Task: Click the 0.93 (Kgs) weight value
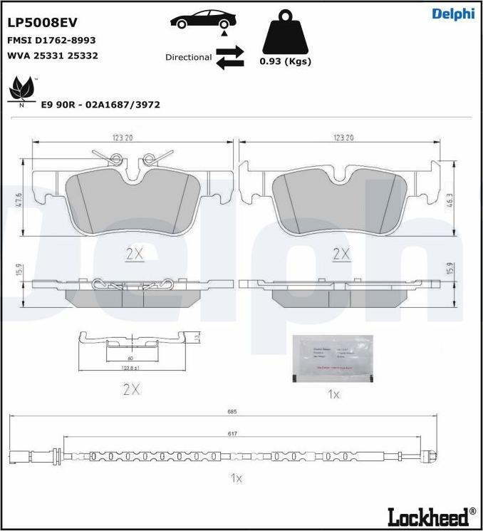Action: pyautogui.click(x=285, y=61)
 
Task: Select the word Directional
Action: pyautogui.click(x=188, y=57)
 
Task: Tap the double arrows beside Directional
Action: pyautogui.click(x=230, y=58)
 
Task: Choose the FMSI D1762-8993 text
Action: pyautogui.click(x=51, y=41)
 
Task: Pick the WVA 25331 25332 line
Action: pyautogui.click(x=53, y=55)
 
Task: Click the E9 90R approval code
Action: pyautogui.click(x=100, y=105)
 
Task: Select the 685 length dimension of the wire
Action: pyautogui.click(x=232, y=412)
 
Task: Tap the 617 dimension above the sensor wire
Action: pyautogui.click(x=232, y=433)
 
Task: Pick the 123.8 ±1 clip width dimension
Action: pyautogui.click(x=129, y=368)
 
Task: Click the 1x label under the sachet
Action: pyautogui.click(x=333, y=394)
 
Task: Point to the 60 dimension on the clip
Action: pyautogui.click(x=130, y=359)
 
